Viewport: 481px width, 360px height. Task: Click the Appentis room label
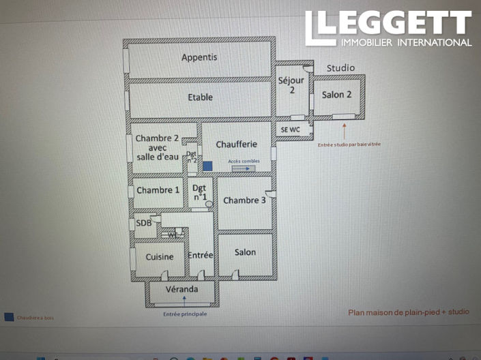[x=199, y=57]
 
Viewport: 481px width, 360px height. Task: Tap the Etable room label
[x=200, y=97]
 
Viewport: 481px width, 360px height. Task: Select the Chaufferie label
[x=236, y=145]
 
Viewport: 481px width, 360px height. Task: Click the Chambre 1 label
[x=158, y=190]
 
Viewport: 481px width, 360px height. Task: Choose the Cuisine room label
[x=160, y=256]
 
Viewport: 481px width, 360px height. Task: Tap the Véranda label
[x=182, y=289]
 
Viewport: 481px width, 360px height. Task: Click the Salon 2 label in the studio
[x=337, y=95]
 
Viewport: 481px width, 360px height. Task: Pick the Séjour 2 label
[x=291, y=85]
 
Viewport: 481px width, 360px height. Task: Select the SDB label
[x=143, y=222]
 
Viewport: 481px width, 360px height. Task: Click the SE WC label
[x=291, y=129]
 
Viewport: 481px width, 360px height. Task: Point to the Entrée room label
[x=201, y=255]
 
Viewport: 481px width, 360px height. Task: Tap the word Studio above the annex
[x=340, y=68]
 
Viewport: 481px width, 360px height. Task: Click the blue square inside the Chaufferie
[x=207, y=166]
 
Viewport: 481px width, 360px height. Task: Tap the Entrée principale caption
[x=184, y=314]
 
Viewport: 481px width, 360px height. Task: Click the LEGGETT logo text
[x=388, y=24]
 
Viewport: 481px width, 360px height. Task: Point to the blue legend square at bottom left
[x=8, y=317]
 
